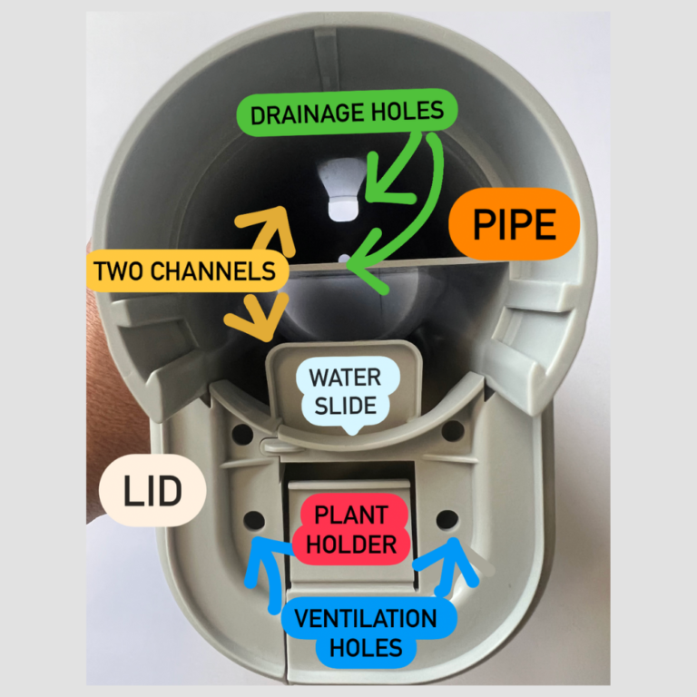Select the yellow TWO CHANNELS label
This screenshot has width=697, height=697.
[184, 271]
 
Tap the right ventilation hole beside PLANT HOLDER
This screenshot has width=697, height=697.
[447, 519]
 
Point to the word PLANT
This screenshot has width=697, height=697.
[350, 515]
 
